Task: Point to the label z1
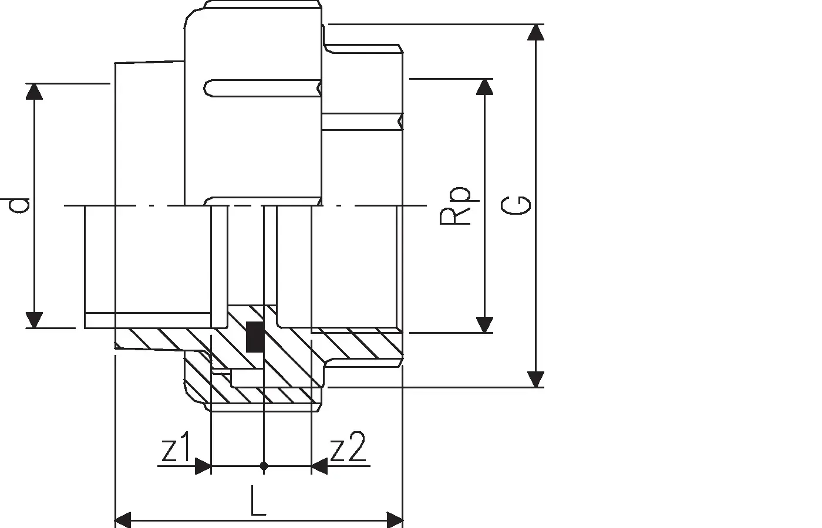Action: [174, 449]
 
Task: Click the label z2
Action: [348, 449]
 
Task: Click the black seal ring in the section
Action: [254, 337]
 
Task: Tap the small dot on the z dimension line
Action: [264, 466]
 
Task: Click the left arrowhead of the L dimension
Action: [122, 519]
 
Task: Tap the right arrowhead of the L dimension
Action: [395, 519]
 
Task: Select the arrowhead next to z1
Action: [203, 466]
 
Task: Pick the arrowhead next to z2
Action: [319, 466]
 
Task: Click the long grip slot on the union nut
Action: [261, 87]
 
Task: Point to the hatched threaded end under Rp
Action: [358, 346]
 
